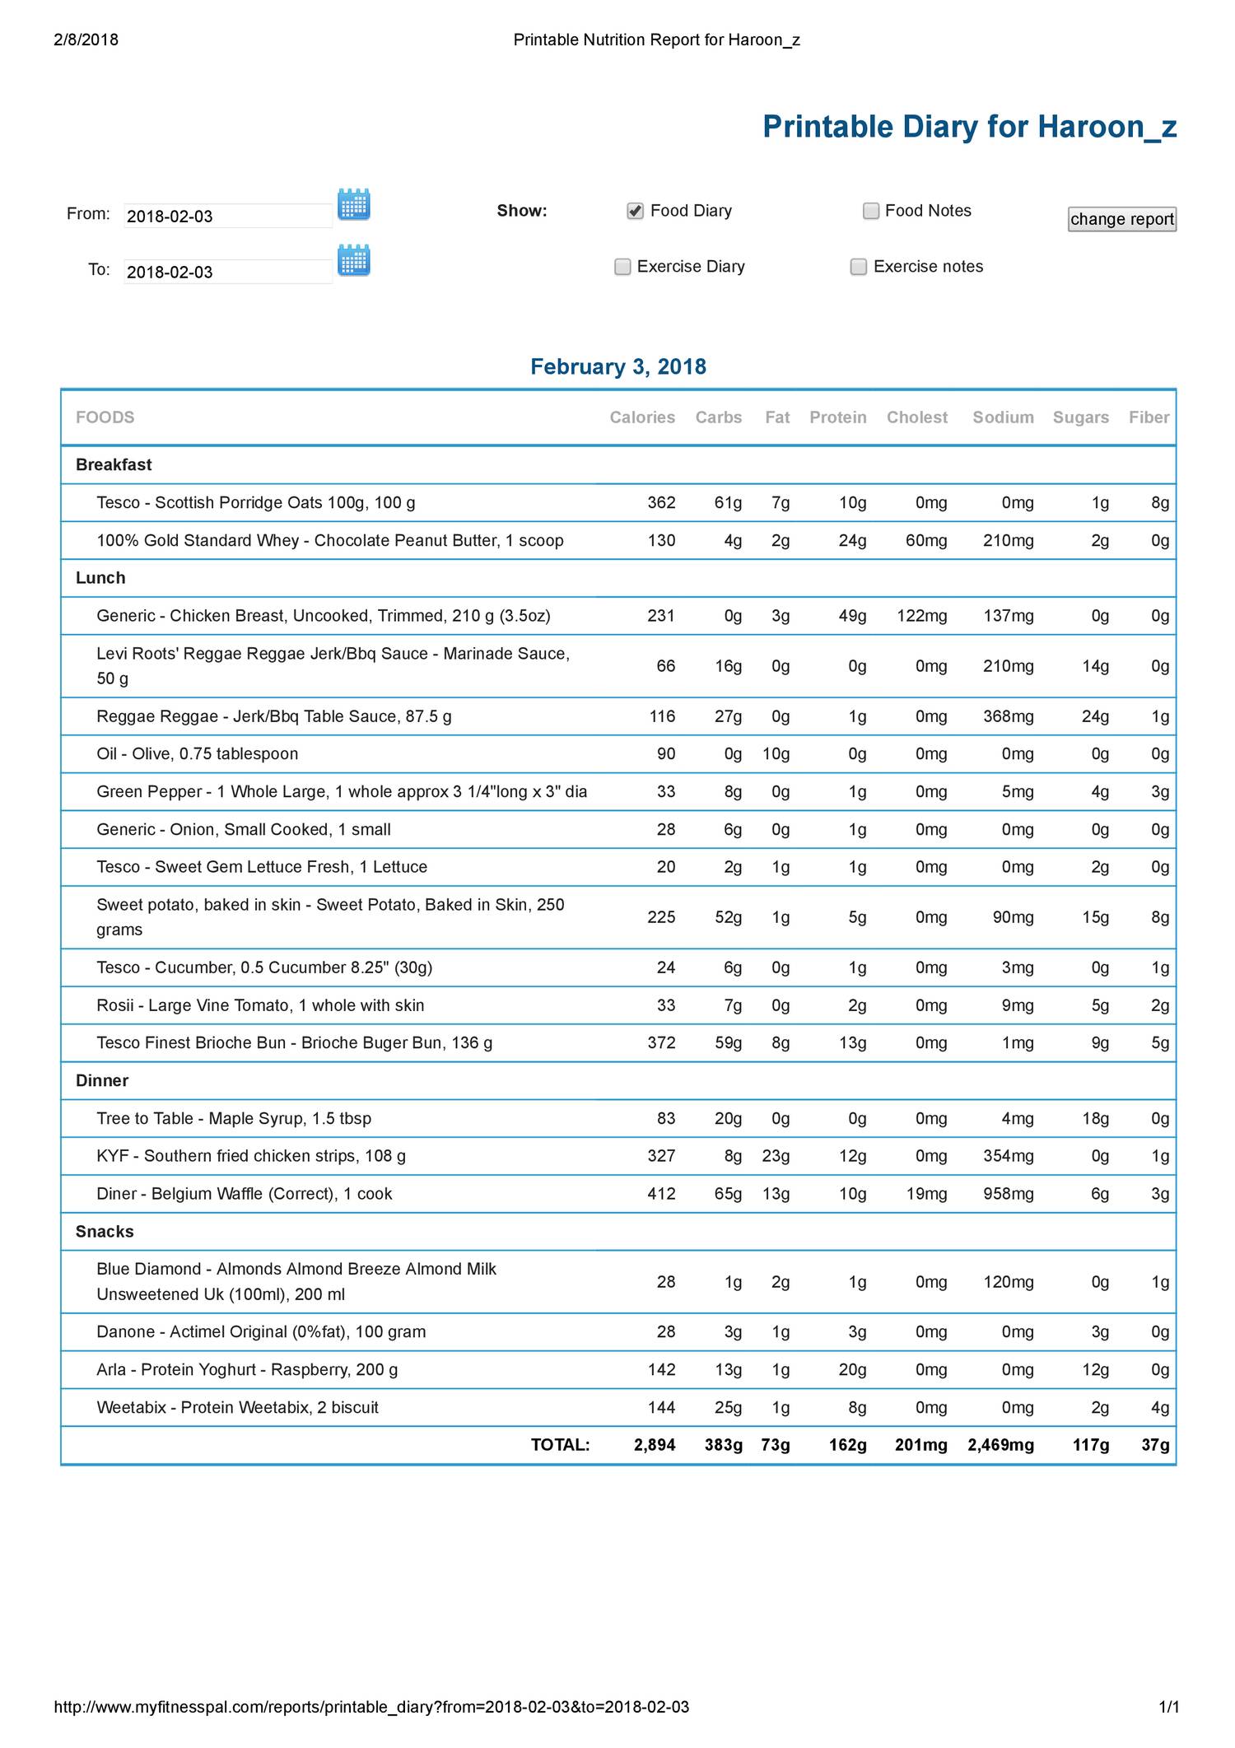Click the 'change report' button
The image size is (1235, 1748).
coord(1121,219)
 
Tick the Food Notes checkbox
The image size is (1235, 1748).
coord(871,211)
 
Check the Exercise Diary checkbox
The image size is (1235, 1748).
coord(623,267)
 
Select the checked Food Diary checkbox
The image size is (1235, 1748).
coord(635,211)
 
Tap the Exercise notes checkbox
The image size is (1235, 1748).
coord(859,267)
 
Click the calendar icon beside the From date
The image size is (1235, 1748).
coord(354,204)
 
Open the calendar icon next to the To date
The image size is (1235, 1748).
coord(354,260)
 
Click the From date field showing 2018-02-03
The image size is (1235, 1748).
coord(227,216)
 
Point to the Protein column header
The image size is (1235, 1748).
coord(837,417)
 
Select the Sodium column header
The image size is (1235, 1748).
coord(1003,417)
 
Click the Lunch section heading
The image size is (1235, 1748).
coord(100,578)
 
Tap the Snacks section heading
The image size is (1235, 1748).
coord(105,1232)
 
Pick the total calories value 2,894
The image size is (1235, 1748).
coord(655,1445)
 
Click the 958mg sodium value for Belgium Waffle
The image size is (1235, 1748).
coord(1008,1194)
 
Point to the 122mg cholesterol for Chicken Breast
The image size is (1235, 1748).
coord(921,616)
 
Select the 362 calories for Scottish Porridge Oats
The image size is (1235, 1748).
coord(661,503)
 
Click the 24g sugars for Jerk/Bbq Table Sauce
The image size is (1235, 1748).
coord(1095,716)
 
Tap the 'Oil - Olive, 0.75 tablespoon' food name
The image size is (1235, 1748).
coord(198,754)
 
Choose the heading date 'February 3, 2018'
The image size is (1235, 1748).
coord(617,366)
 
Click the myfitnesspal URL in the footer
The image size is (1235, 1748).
coord(371,1707)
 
